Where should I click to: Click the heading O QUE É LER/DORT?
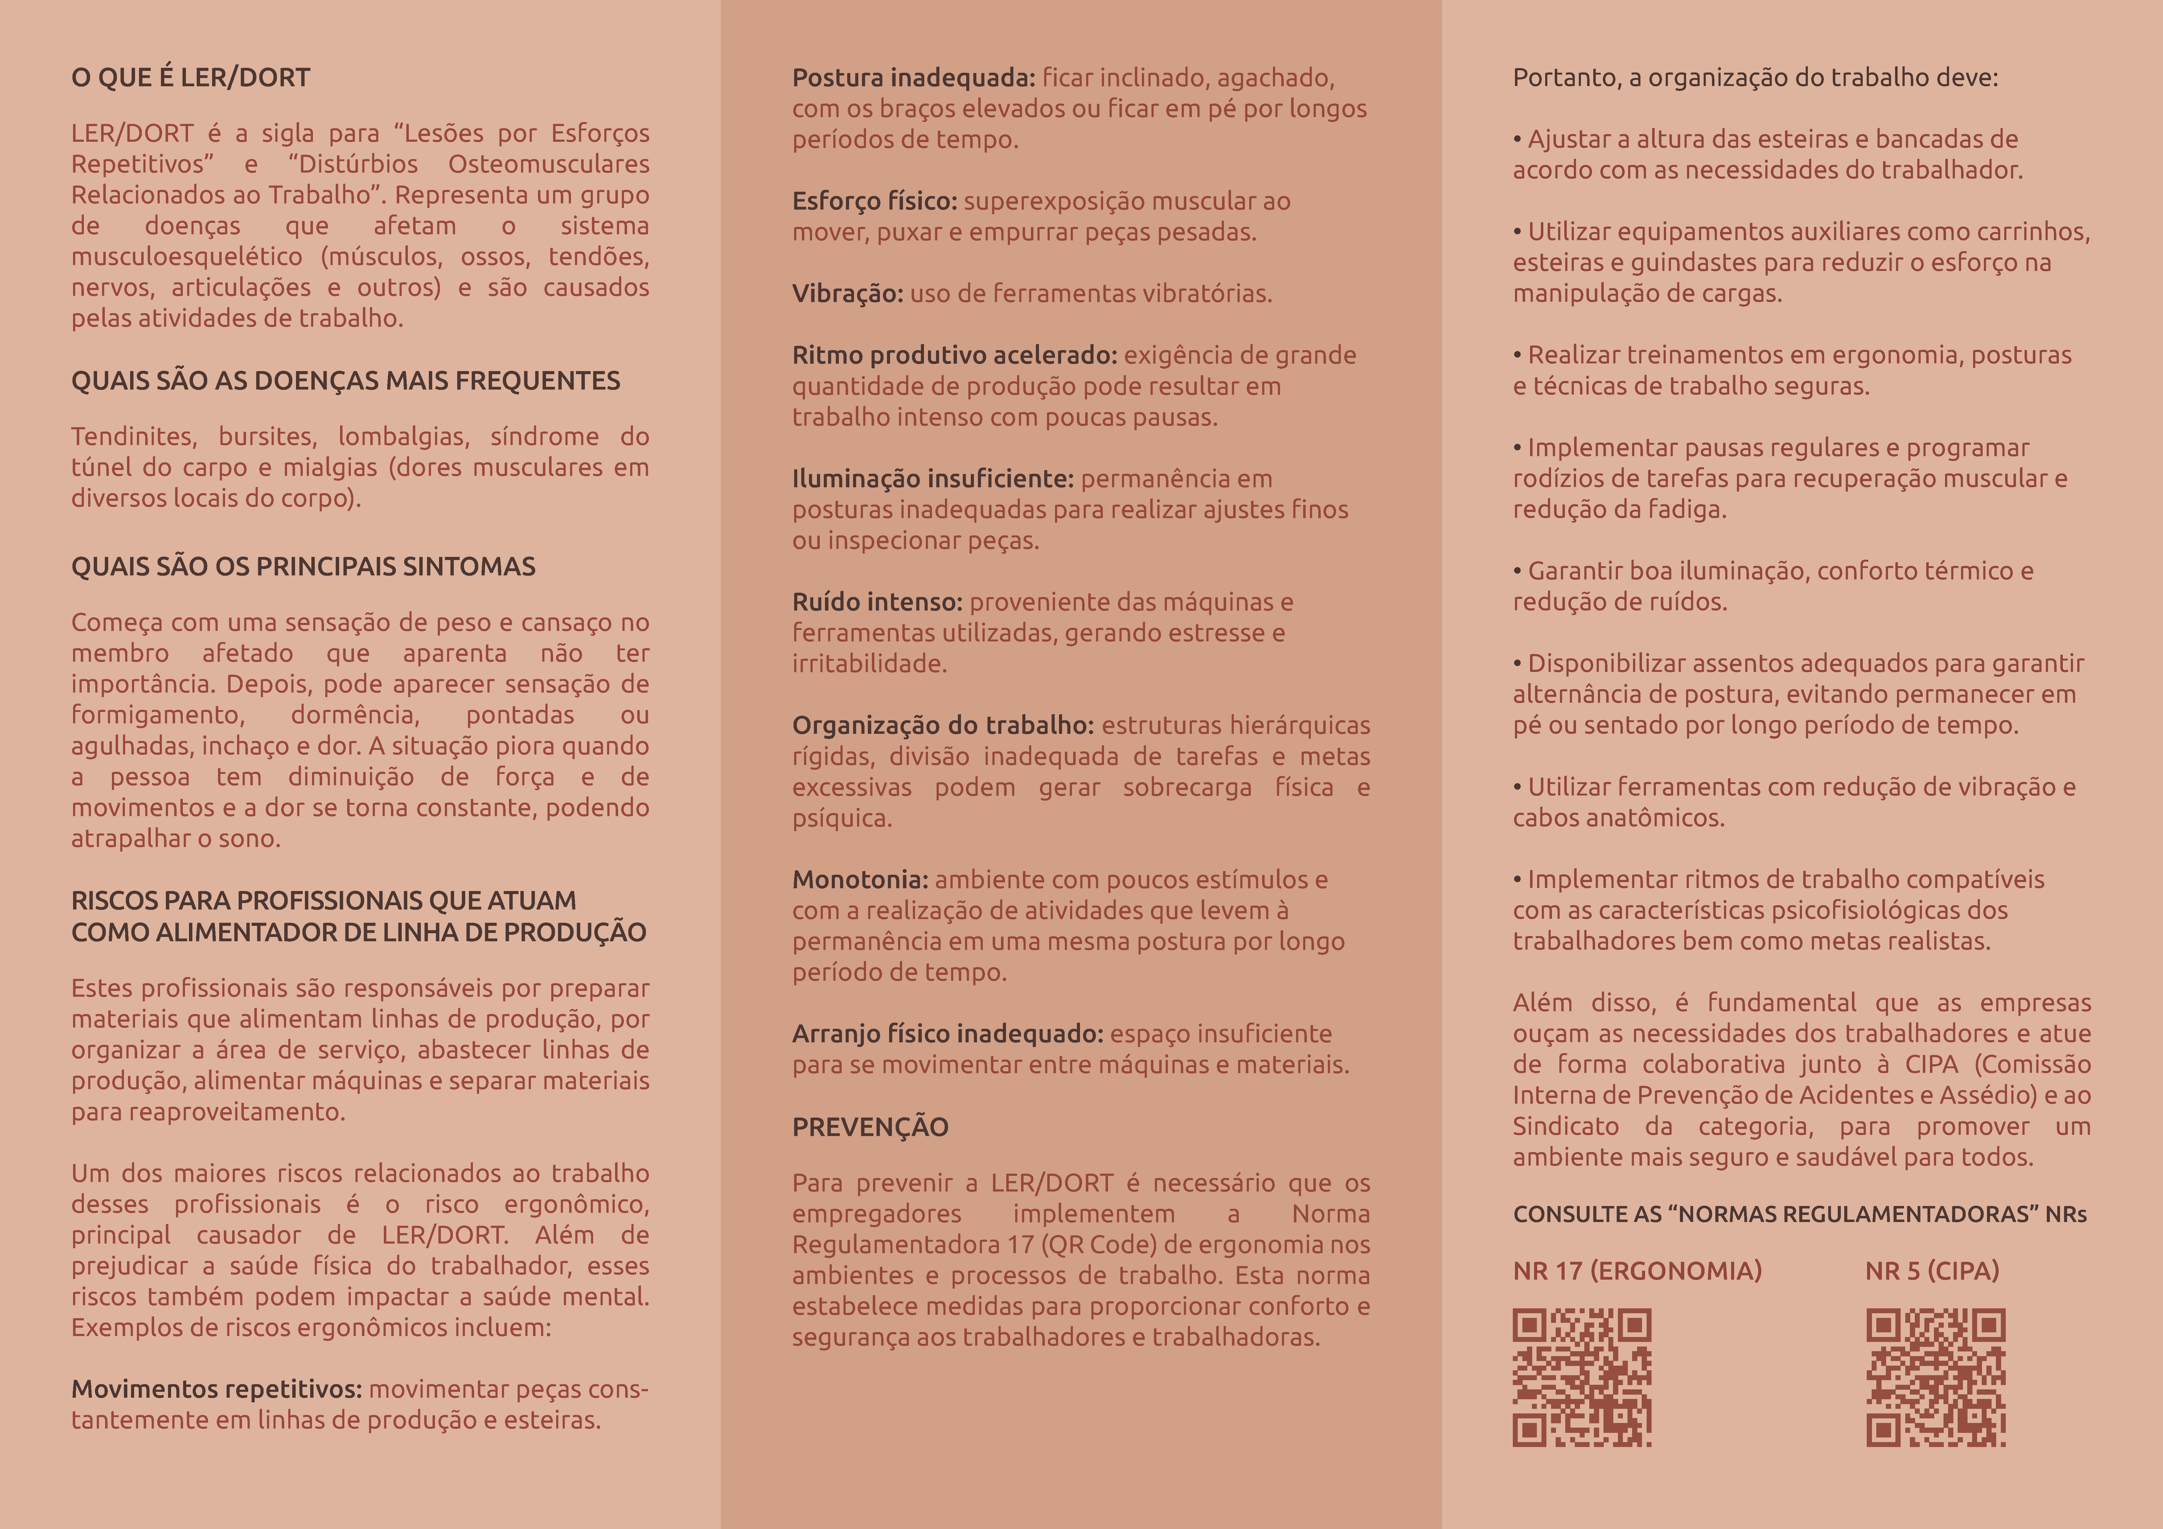pos(190,77)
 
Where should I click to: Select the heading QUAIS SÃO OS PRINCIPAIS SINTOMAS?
pos(303,566)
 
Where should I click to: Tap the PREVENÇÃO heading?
pos(869,1127)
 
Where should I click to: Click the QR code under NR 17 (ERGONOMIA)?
pos(1582,1376)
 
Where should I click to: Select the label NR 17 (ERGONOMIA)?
pos(1636,1271)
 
